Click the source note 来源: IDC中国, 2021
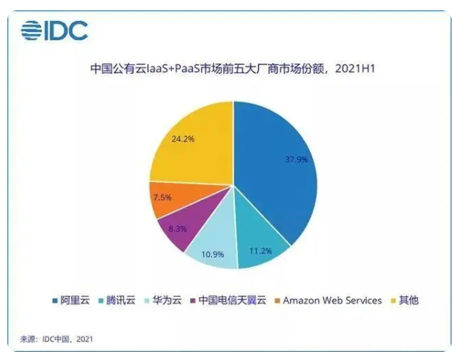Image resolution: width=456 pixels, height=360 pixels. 56,339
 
